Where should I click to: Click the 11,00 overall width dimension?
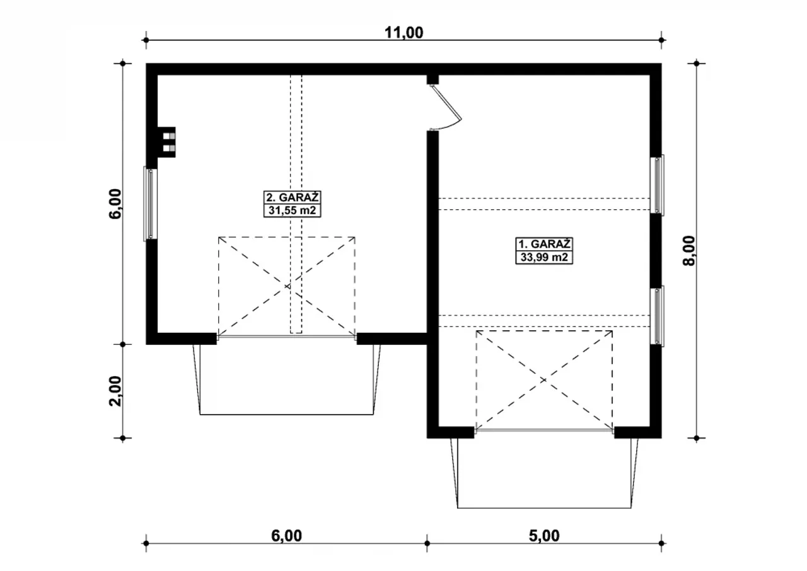(x=404, y=33)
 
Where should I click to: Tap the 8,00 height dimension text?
(x=689, y=251)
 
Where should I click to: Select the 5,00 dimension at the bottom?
(x=544, y=536)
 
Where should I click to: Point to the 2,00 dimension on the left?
(x=115, y=391)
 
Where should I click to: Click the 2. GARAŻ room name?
(x=292, y=198)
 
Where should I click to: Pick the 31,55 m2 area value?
(x=292, y=211)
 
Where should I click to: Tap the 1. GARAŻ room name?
(x=544, y=244)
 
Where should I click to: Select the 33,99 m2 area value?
(x=544, y=257)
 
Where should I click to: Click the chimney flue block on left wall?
(x=166, y=142)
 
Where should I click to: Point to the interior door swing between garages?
(x=446, y=107)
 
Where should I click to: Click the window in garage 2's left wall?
(x=150, y=204)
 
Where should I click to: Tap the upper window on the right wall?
(x=658, y=185)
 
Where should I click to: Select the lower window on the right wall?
(x=658, y=316)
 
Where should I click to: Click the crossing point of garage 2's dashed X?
(x=287, y=286)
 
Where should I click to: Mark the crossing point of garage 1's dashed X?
(x=544, y=380)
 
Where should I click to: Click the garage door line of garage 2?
(x=287, y=337)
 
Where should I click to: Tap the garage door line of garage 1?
(x=544, y=430)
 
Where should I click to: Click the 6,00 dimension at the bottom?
(x=286, y=536)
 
